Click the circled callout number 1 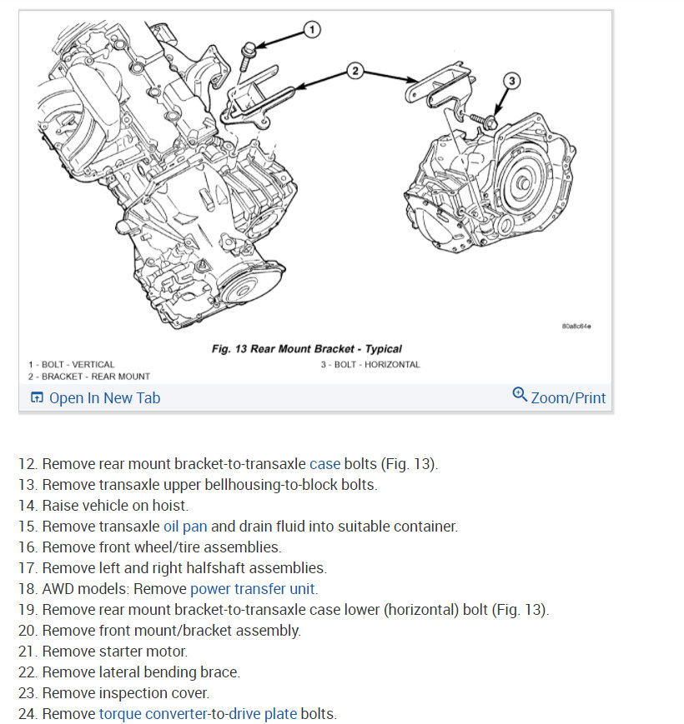[x=311, y=31]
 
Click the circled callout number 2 [x=355, y=71]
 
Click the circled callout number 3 [x=512, y=80]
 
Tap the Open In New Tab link [x=104, y=398]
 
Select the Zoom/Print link [x=568, y=398]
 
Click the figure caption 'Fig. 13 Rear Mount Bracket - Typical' [x=306, y=349]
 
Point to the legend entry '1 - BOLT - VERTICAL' [x=72, y=364]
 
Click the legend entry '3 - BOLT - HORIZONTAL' [x=370, y=364]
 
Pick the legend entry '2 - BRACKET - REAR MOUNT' [x=89, y=377]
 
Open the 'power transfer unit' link [x=253, y=589]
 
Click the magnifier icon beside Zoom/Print [x=520, y=395]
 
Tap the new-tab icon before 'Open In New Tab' [x=37, y=398]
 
